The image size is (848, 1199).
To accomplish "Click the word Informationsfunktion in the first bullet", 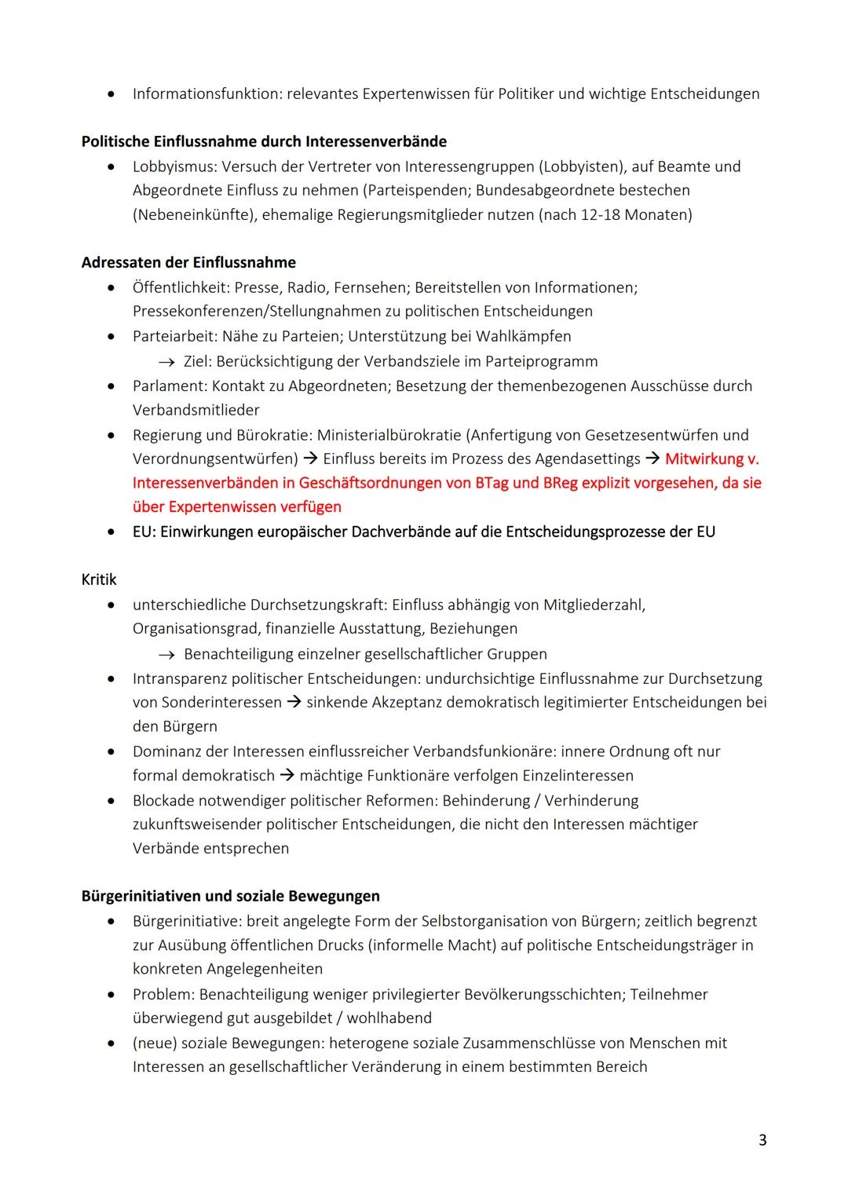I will [207, 94].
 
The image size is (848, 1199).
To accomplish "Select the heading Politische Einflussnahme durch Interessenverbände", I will [264, 141].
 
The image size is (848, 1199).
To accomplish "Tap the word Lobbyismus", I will [174, 166].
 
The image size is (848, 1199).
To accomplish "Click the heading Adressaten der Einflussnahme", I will [188, 262].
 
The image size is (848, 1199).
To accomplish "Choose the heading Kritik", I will [99, 579].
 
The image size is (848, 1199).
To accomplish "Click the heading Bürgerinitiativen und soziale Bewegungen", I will [230, 896].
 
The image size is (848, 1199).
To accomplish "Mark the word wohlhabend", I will [389, 1018].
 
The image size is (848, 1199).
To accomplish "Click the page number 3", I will [762, 1139].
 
